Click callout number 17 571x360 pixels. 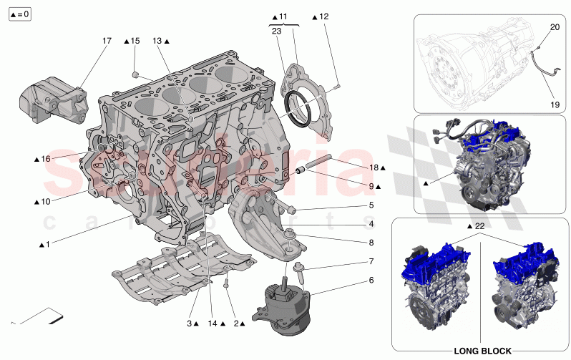point(107,42)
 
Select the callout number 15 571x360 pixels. point(135,42)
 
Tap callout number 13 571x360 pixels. point(157,42)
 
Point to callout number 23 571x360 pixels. point(277,31)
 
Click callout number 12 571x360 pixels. point(324,16)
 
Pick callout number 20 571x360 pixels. point(554,27)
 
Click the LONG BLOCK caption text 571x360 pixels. point(482,351)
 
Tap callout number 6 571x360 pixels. point(371,280)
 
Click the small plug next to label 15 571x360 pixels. point(135,74)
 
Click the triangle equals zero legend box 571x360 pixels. point(20,14)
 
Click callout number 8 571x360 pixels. point(371,243)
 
